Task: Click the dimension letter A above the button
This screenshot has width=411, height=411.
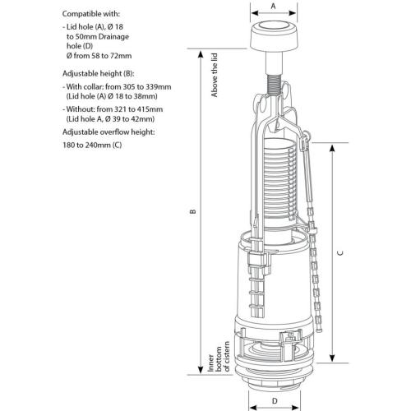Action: coord(273,6)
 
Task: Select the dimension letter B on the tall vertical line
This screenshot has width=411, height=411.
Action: coord(193,211)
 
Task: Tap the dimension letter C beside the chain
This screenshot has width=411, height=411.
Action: coord(340,253)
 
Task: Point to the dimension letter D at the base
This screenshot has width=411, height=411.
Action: coord(275,401)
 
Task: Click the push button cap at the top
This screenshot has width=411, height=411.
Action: coord(274,36)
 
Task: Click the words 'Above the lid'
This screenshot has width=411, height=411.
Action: coord(215,75)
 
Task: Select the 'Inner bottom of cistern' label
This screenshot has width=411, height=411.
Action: coord(219,357)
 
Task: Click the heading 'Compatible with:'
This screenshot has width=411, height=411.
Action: coord(91,14)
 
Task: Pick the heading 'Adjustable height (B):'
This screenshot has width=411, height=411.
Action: coord(98,74)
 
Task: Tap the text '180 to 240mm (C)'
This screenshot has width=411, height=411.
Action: coord(92,145)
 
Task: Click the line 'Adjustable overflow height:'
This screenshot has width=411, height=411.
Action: coord(109,132)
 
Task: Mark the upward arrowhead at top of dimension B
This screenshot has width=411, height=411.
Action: coord(201,54)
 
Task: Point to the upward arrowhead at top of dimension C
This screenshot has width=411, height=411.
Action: coord(332,148)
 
